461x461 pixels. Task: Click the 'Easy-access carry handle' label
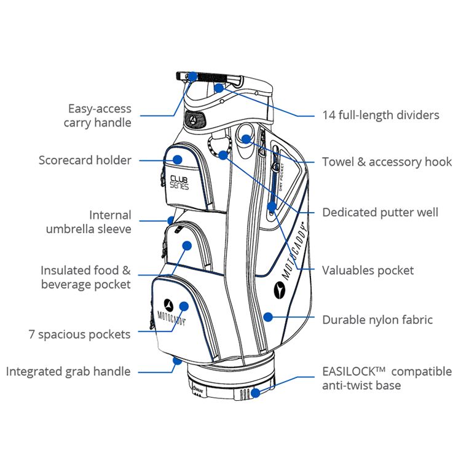100,116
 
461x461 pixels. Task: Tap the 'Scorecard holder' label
85,160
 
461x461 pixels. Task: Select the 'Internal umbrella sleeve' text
89,222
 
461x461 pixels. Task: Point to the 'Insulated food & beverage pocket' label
85,277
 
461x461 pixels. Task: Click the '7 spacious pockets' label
79,334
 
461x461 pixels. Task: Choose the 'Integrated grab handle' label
68,371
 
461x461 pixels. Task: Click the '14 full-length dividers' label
380,115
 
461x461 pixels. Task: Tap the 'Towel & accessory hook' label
387,162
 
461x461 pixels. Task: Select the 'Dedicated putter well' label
380,213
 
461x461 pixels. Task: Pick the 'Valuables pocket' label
368,270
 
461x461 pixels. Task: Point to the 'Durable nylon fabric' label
377,320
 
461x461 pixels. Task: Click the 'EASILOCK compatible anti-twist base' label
387,379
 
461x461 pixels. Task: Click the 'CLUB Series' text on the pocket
179,183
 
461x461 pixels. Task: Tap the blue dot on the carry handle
192,76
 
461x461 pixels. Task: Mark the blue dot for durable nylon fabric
267,317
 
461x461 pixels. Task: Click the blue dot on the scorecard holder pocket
178,159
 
